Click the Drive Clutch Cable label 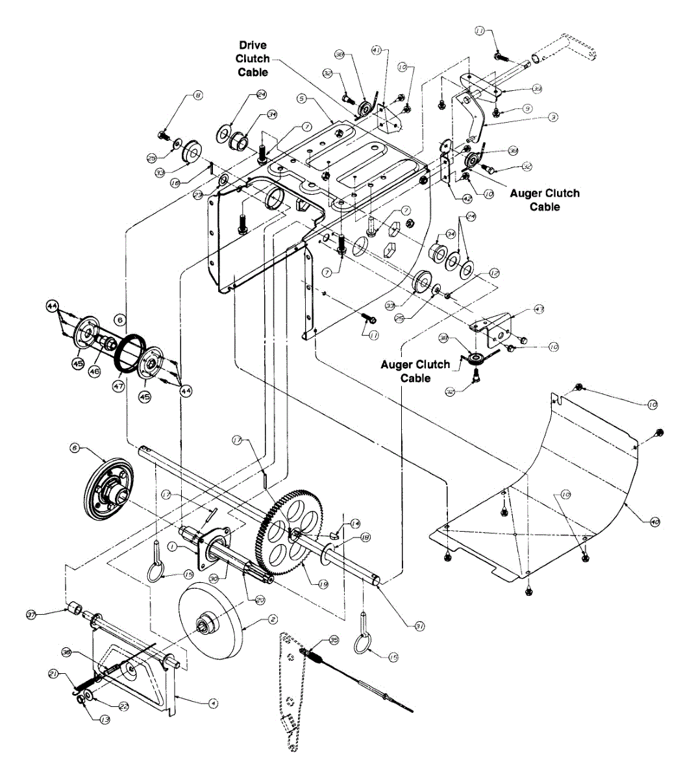coord(253,58)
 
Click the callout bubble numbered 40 coord(654,521)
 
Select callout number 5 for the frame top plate coord(301,99)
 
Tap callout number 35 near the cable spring coord(334,639)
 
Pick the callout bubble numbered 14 coord(354,523)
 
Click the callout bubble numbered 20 coord(260,600)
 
